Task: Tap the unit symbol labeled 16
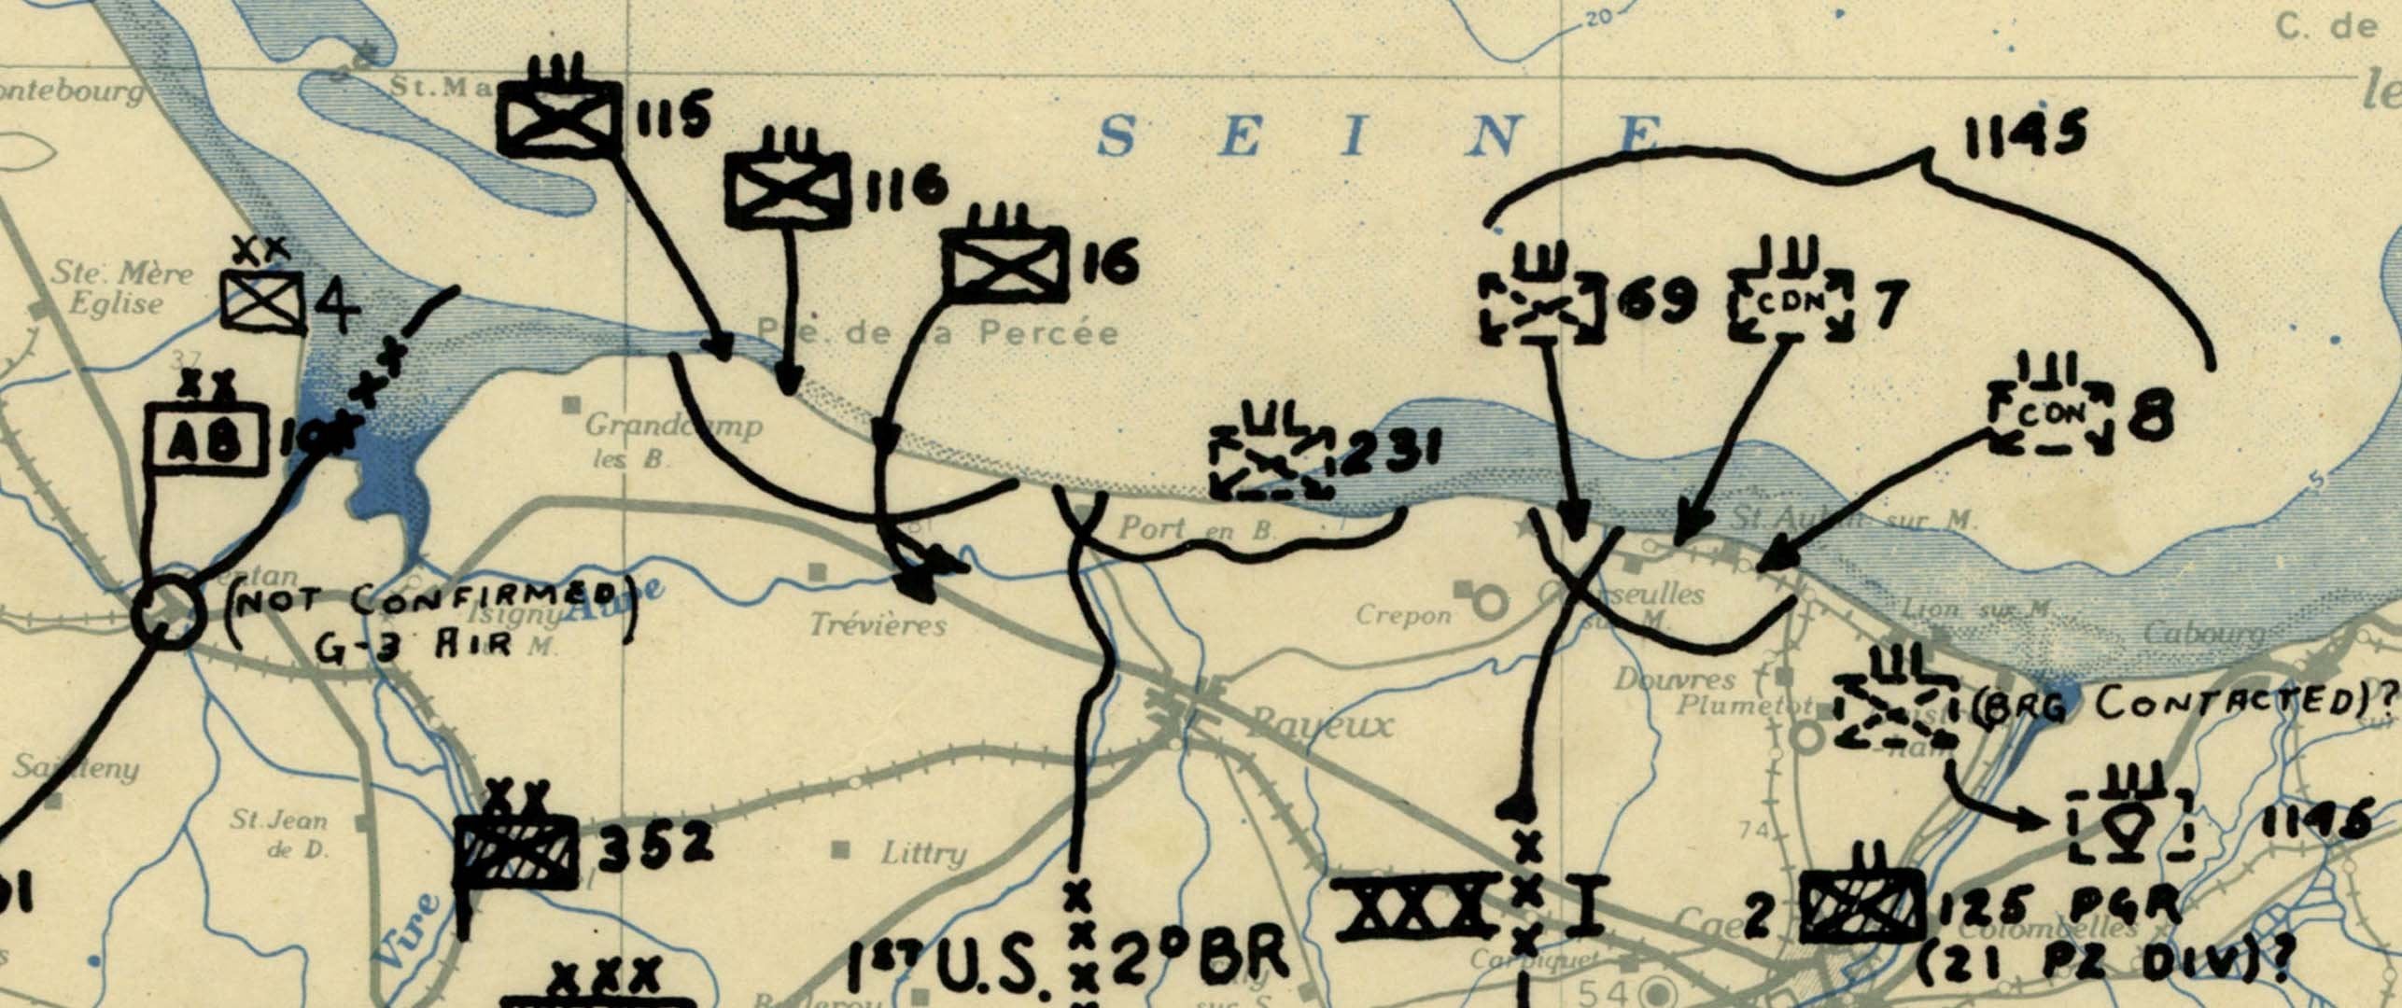tap(1004, 264)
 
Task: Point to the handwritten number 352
tap(655, 846)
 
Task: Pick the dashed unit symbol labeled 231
tap(1271, 464)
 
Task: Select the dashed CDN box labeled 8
tap(2050, 417)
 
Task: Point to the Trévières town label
tap(878, 624)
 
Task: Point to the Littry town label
tap(922, 852)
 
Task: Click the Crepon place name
tap(1403, 616)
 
